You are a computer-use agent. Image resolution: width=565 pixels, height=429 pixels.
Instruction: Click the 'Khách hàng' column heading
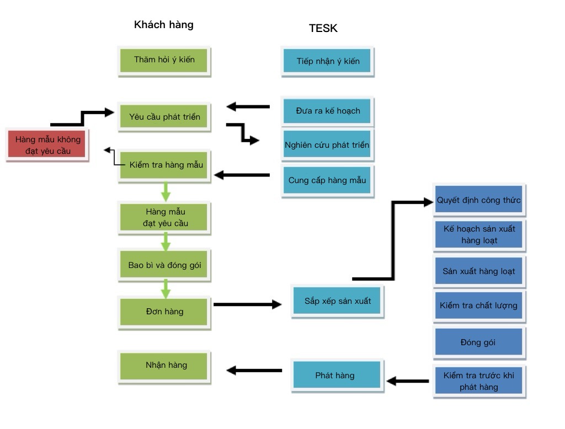(164, 25)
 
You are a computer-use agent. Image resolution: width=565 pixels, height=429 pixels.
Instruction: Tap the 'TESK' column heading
(323, 29)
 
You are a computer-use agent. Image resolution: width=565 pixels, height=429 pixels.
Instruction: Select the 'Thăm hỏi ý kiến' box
(164, 60)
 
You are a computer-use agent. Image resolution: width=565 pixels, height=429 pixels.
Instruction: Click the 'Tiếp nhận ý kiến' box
(328, 61)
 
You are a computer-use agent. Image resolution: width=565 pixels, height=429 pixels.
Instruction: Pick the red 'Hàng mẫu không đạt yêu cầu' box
(47, 145)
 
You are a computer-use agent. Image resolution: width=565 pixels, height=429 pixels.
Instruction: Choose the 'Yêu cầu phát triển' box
(164, 117)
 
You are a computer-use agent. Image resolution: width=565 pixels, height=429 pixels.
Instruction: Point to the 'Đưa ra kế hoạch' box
(328, 111)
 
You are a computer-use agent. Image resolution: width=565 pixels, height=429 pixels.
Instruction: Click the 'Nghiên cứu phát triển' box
(327, 145)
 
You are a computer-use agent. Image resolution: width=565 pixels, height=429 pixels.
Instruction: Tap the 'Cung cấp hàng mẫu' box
(327, 180)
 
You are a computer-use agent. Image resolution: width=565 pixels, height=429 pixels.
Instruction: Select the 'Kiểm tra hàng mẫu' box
(164, 165)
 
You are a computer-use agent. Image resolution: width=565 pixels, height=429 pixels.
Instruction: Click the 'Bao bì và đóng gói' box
(164, 265)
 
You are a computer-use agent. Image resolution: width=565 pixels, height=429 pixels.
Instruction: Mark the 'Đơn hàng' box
(164, 312)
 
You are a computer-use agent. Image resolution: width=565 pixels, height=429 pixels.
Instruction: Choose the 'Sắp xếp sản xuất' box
(337, 301)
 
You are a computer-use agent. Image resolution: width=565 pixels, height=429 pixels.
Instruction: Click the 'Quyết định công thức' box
(478, 201)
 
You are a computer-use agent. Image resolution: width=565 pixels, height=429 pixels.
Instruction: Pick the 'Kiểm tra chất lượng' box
(478, 305)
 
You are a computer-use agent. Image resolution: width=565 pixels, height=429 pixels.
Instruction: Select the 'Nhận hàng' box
(164, 365)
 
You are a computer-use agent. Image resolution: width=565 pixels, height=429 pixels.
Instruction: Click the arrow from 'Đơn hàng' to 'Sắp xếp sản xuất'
(247, 304)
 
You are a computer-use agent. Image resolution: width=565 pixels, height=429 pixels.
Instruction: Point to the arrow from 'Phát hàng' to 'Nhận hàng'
(254, 371)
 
